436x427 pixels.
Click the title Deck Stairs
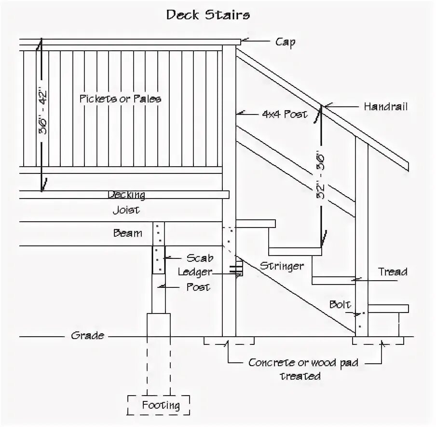coord(208,14)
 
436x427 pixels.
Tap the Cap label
coord(285,42)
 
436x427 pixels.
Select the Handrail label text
coord(385,107)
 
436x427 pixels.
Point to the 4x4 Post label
coord(284,115)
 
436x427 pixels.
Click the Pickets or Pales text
coord(120,99)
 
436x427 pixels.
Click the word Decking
coord(126,195)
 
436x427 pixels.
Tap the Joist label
coord(126,210)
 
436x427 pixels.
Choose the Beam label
coord(127,233)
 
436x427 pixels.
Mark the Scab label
coord(200,258)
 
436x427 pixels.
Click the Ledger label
coord(195,272)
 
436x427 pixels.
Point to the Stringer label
coord(282,266)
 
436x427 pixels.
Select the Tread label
coord(392,272)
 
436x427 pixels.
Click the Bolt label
coord(340,305)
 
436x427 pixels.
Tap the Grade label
coord(87,335)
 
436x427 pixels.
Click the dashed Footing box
coord(158,405)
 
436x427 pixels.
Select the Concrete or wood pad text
coord(303,362)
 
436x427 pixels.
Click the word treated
coord(300,376)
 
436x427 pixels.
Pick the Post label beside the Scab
coord(198,287)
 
